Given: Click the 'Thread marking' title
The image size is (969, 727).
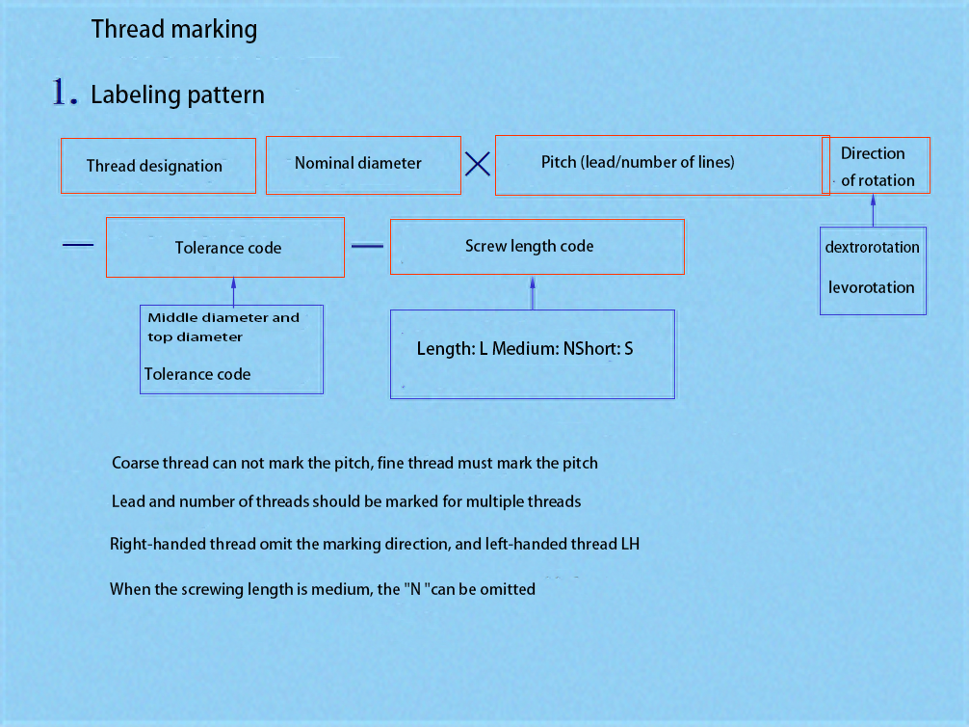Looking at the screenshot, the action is click(174, 29).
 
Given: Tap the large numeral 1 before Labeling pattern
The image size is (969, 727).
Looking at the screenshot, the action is click(61, 92).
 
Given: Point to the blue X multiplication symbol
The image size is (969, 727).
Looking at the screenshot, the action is click(478, 164).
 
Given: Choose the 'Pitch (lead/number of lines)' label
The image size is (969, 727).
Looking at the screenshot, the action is click(638, 162).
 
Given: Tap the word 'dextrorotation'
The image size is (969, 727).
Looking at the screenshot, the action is click(872, 247).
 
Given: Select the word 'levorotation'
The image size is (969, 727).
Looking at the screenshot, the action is click(872, 287).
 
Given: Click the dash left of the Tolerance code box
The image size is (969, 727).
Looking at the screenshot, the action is click(78, 245).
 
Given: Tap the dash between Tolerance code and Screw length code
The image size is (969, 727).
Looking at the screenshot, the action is click(367, 246).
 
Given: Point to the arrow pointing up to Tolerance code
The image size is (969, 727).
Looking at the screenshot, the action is click(234, 291).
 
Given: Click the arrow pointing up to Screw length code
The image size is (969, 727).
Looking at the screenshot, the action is click(533, 293).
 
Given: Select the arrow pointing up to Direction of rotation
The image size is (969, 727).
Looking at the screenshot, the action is click(874, 210).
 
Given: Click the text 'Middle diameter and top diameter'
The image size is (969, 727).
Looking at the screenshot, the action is click(223, 327).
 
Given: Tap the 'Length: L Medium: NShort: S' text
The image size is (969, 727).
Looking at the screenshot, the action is click(525, 348).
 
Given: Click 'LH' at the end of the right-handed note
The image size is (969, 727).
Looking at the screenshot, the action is click(630, 544).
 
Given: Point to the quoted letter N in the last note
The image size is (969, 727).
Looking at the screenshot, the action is click(416, 588).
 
